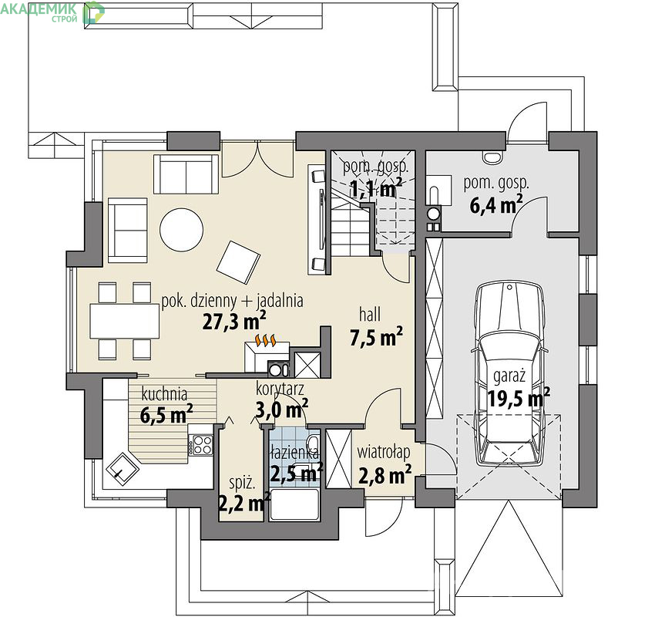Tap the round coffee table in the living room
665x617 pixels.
click(182, 230)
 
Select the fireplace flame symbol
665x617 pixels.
click(266, 340)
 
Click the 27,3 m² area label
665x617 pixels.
click(234, 322)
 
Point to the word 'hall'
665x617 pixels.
click(369, 315)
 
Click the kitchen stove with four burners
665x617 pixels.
click(201, 444)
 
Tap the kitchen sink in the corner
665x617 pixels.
click(123, 470)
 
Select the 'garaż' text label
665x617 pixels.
click(509, 376)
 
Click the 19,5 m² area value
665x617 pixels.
click(519, 398)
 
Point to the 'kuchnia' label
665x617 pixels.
click(164, 394)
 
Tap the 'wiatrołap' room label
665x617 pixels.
click(384, 452)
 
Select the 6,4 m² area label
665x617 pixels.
click(495, 205)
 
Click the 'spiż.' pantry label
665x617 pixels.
click(242, 483)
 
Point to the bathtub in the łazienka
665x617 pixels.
click(295, 504)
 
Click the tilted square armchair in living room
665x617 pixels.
click(238, 262)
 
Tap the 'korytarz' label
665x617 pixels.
click(280, 389)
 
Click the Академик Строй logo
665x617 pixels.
click(52, 12)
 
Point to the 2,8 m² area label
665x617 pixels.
click(385, 475)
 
